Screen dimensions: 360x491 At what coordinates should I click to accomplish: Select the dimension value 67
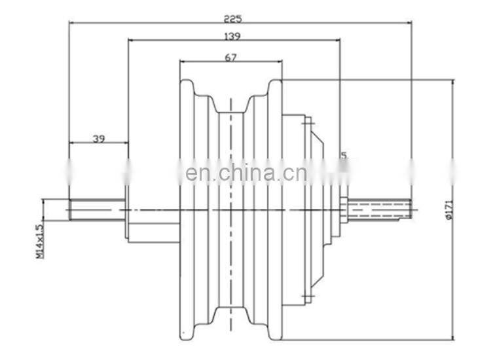230,58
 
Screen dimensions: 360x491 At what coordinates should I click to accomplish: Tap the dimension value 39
99,138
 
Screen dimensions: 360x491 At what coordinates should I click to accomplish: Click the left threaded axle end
97,209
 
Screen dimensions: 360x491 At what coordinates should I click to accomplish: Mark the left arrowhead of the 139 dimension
130,40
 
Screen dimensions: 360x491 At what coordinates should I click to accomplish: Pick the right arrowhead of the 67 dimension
280,63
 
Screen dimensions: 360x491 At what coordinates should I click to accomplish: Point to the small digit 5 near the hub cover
343,155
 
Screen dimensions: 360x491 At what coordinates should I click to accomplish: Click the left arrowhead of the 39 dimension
71,143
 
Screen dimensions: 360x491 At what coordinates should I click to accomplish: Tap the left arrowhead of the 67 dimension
183,63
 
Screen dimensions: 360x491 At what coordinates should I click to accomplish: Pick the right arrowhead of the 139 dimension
338,40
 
